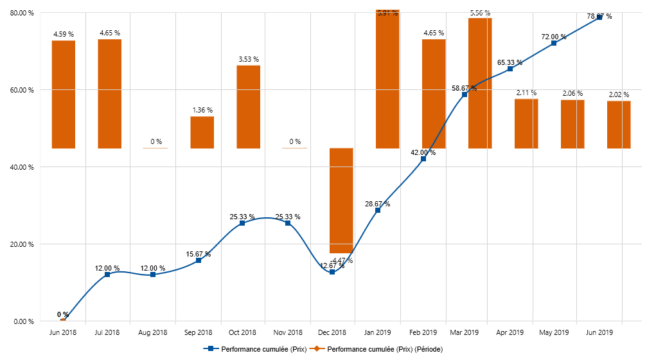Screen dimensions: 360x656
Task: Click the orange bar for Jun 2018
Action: point(64,94)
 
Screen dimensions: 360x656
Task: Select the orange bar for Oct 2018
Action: point(249,107)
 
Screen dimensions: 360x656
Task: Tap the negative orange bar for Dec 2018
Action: point(341,201)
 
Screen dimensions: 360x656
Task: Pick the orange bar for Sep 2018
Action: point(202,132)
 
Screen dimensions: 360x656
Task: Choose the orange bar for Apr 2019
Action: point(526,123)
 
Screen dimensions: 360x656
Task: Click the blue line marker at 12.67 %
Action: point(332,273)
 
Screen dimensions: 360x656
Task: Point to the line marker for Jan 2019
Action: point(378,210)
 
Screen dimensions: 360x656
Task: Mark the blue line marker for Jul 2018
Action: point(107,274)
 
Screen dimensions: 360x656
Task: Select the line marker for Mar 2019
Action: point(465,94)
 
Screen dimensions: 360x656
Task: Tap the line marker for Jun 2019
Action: point(599,17)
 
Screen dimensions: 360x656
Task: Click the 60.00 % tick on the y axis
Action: point(22,90)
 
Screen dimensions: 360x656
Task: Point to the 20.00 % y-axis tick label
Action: point(22,244)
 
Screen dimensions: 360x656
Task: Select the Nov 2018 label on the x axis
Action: point(288,332)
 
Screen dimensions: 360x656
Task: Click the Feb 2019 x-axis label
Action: point(423,332)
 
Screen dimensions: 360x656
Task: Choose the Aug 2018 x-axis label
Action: point(153,332)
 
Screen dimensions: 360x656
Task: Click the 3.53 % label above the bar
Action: point(249,59)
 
